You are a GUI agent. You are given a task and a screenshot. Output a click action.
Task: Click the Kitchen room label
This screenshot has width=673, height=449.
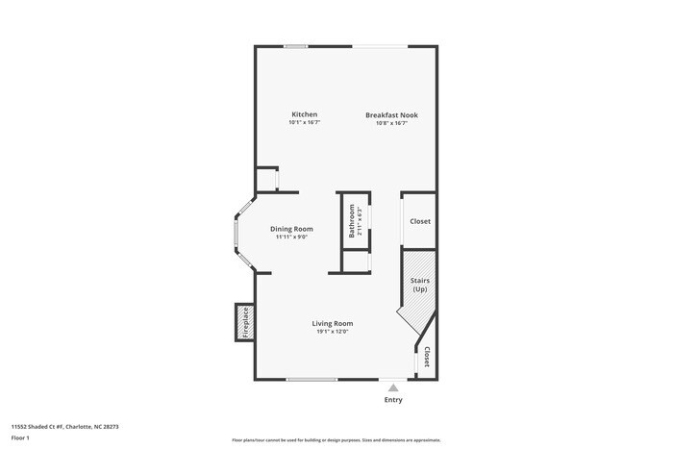tap(304, 114)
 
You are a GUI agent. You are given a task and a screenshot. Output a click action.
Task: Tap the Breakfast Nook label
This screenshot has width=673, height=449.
tap(391, 115)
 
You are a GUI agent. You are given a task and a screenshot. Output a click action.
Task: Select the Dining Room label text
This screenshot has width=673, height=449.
tap(291, 229)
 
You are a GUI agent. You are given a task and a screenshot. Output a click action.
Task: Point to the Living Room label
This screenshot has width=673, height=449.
tap(333, 323)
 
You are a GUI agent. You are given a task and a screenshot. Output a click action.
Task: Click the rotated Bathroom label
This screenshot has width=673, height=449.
tap(352, 220)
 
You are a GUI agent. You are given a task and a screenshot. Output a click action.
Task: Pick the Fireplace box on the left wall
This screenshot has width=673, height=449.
tap(244, 322)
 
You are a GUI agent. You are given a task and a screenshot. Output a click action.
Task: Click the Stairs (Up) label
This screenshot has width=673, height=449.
tap(420, 285)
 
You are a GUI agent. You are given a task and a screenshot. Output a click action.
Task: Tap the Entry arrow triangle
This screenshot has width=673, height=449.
tap(392, 387)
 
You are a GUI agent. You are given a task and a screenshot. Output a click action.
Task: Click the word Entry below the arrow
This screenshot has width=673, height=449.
tap(393, 400)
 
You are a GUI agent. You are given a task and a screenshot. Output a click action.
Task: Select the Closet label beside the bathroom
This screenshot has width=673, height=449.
tap(420, 221)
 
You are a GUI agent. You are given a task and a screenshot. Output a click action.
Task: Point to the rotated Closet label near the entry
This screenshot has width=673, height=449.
tap(427, 357)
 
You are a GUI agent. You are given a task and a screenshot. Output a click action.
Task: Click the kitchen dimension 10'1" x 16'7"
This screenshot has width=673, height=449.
tap(304, 123)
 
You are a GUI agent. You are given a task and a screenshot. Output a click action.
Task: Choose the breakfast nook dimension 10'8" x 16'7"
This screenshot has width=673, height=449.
tap(391, 123)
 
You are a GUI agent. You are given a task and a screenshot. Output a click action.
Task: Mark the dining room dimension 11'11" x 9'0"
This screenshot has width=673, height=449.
tap(291, 237)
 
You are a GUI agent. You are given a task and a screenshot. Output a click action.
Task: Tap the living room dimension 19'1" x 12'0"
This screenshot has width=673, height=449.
tap(333, 332)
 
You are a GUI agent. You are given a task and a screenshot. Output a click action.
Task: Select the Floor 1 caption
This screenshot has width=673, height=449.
tap(20, 437)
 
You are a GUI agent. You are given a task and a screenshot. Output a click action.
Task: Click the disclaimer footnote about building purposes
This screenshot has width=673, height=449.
tap(336, 440)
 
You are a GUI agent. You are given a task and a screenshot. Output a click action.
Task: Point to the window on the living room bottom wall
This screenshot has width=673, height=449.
tap(312, 380)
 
